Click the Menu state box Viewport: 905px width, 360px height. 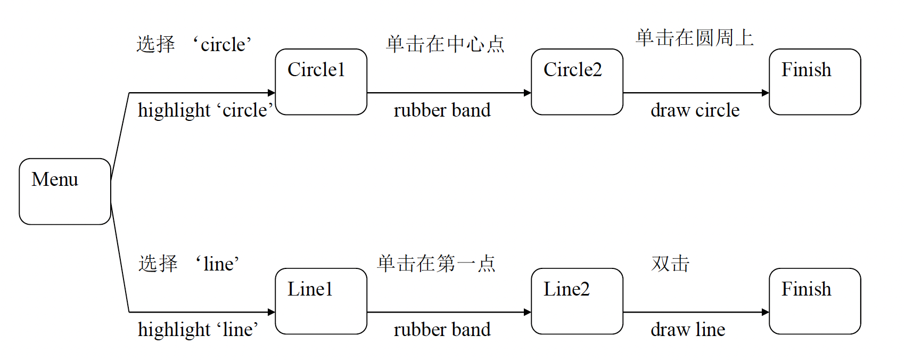tap(65, 191)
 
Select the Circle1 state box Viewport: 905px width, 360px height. tap(321, 82)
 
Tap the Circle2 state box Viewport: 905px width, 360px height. tap(577, 82)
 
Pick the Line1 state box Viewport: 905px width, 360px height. tap(321, 301)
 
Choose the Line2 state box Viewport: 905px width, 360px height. tap(577, 301)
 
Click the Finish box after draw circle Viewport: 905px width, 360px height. tap(814, 82)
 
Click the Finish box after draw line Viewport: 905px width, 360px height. tap(814, 301)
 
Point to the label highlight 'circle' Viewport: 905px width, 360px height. tap(205, 110)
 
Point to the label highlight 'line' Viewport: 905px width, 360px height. tap(198, 330)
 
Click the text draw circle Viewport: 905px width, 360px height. tap(695, 110)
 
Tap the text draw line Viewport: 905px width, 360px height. tap(687, 330)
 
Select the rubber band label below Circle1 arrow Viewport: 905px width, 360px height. tap(442, 110)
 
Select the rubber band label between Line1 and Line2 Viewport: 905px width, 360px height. tap(442, 330)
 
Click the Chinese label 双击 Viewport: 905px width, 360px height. tap(670, 264)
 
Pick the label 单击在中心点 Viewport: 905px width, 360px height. tap(445, 44)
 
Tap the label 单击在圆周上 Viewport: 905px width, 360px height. tap(694, 38)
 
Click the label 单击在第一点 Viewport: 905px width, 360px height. tap(436, 264)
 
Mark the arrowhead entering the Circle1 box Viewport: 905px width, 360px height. tap(271, 93)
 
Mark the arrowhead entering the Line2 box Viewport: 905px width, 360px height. tap(528, 312)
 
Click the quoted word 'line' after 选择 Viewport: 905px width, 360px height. tap(218, 264)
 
